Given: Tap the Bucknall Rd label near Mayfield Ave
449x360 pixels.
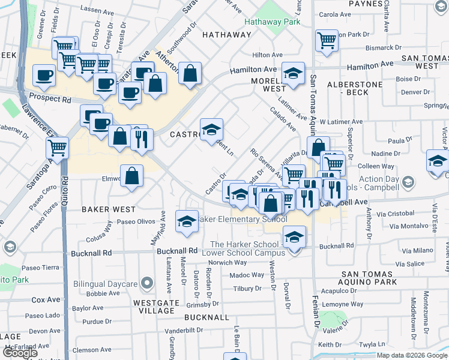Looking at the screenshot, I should click(x=177, y=250).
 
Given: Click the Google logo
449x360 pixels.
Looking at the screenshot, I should click(x=20, y=353).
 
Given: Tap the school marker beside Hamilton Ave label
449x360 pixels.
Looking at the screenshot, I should click(x=293, y=74).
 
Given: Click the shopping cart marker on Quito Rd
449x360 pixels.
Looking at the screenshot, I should click(x=58, y=147).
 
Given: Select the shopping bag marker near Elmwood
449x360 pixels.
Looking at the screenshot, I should click(x=132, y=176).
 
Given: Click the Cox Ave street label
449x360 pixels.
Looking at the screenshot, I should click(x=46, y=299).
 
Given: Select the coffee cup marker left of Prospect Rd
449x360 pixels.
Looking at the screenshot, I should click(x=44, y=76).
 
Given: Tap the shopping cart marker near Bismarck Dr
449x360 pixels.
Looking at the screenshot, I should click(x=327, y=41).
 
